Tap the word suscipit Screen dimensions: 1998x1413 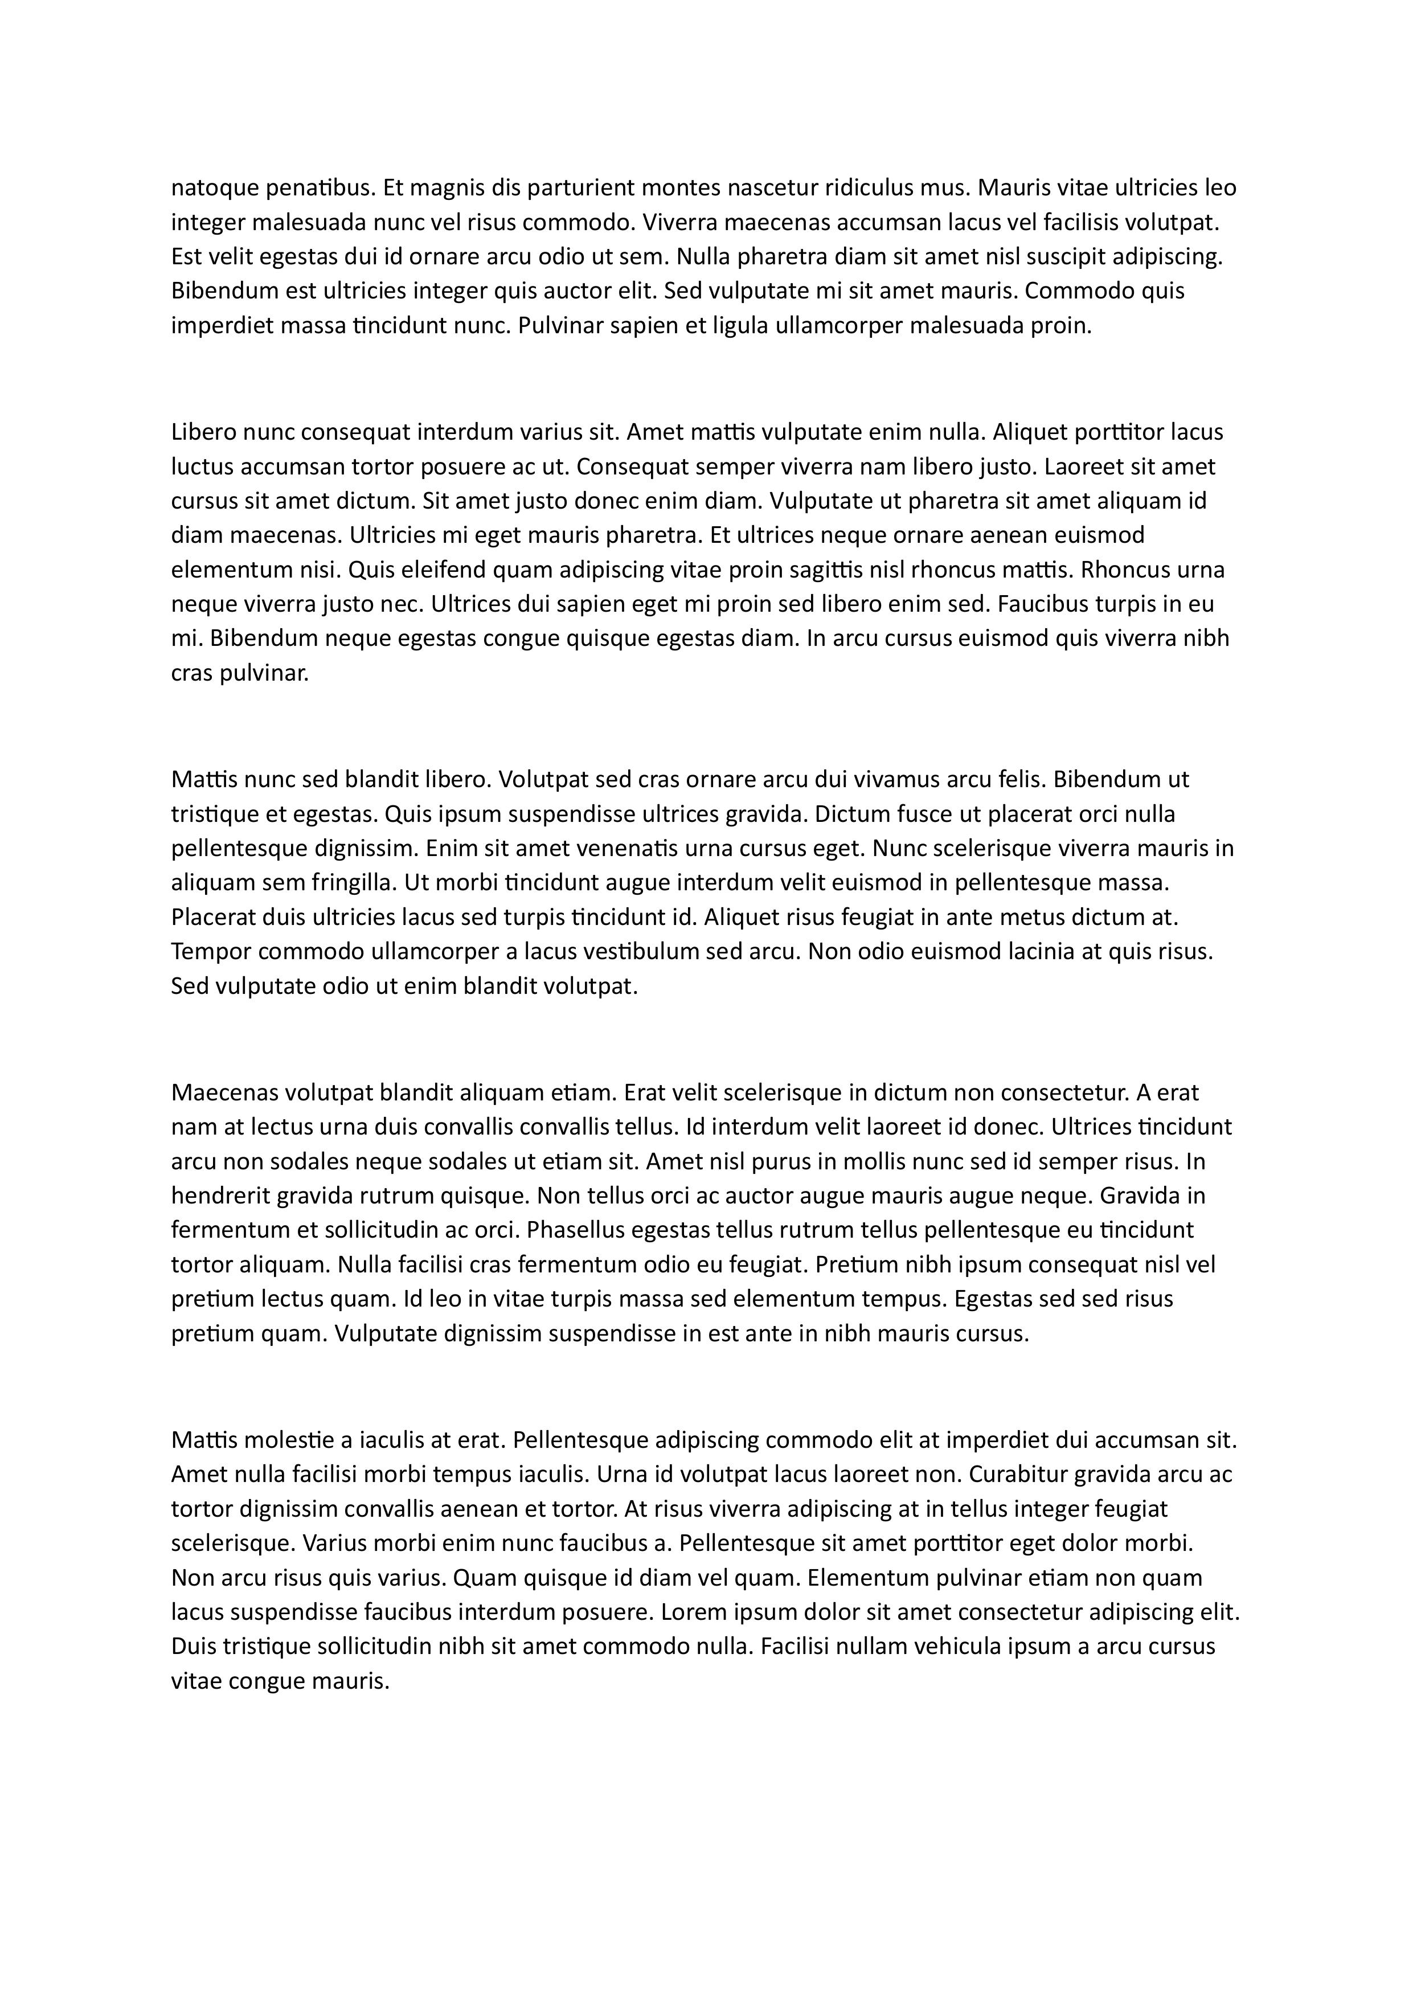[x=1092, y=257]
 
